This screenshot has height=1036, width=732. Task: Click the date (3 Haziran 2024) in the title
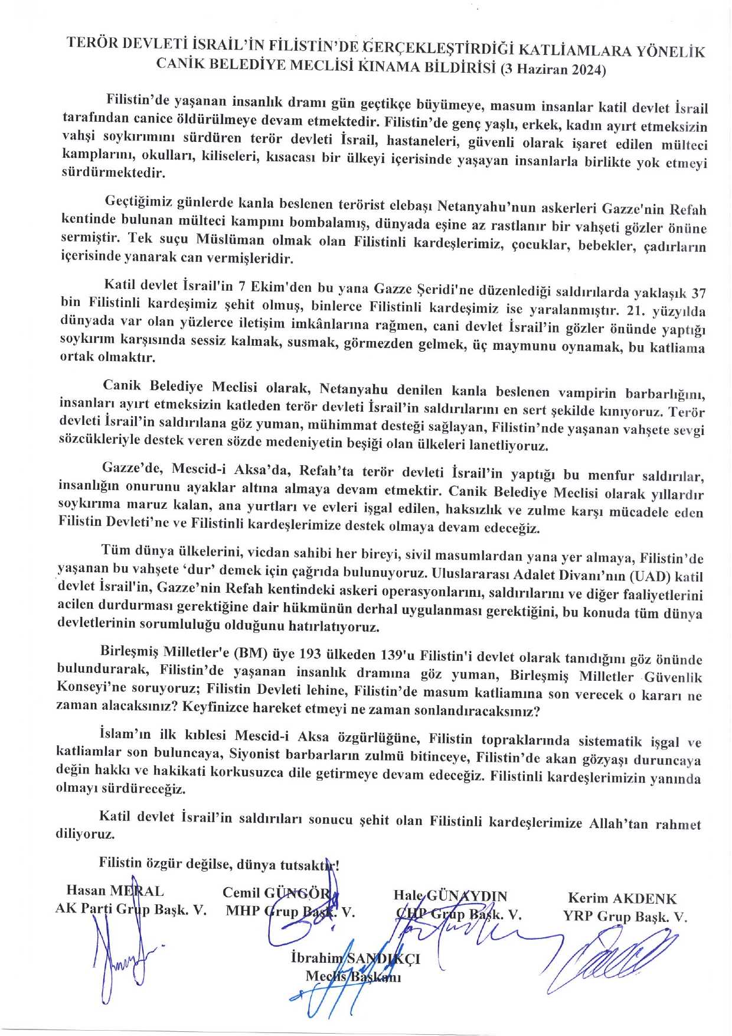[553, 70]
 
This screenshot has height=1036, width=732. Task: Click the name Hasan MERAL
[115, 891]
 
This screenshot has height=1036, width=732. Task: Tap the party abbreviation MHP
[243, 911]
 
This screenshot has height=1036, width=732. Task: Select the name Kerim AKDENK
[622, 899]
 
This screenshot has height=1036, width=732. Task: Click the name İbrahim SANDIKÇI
[355, 958]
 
